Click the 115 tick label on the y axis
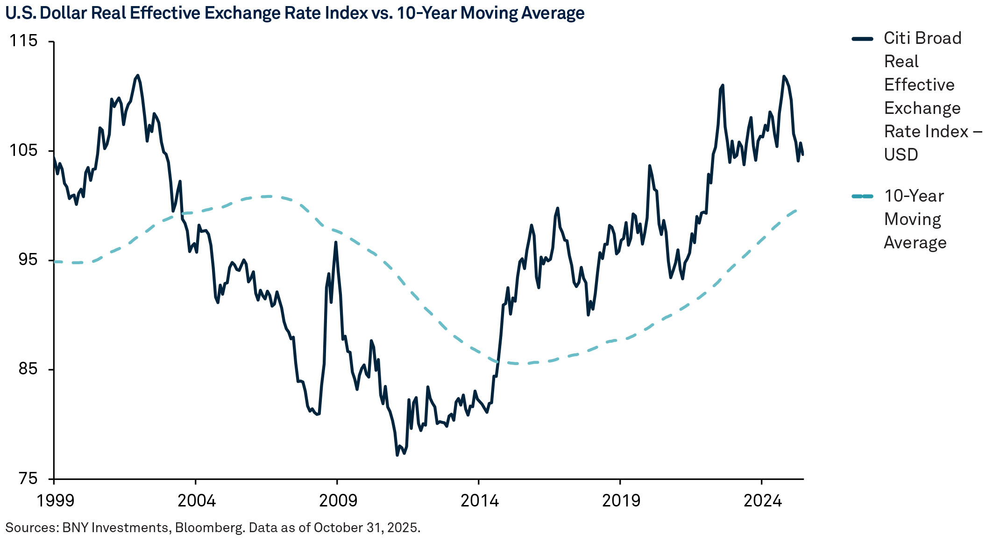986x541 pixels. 23,41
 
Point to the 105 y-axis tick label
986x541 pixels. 23,150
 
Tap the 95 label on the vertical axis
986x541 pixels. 28,260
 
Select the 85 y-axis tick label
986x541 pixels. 28,369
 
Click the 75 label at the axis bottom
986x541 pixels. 28,478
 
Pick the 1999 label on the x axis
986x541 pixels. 55,501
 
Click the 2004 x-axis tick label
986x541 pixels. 197,501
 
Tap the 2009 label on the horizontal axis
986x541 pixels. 338,501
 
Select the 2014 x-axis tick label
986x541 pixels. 480,501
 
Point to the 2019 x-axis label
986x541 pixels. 621,501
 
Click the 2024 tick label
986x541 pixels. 762,501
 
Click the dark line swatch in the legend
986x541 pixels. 862,39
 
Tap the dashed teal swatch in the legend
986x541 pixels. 862,197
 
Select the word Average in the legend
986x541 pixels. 915,243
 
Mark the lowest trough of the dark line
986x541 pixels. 397,455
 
